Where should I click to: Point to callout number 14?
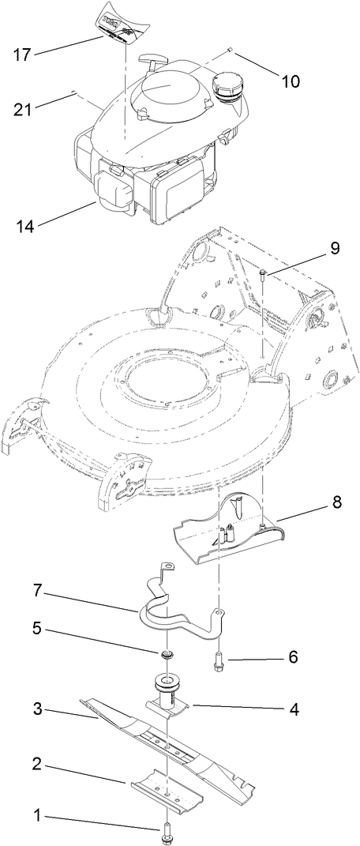(x=24, y=225)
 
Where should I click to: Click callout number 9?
(x=335, y=248)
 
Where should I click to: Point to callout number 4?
(x=293, y=709)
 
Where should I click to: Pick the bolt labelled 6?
(x=217, y=666)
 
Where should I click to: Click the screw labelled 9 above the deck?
(x=261, y=275)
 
